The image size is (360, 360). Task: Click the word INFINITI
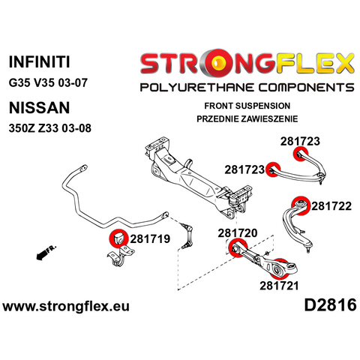click(x=39, y=61)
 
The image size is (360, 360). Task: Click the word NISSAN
click(x=39, y=108)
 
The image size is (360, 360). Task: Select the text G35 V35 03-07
click(x=48, y=82)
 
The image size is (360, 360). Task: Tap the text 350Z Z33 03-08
click(x=50, y=128)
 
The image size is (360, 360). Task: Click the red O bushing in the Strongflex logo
click(x=217, y=63)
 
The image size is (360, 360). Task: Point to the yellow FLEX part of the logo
click(x=314, y=63)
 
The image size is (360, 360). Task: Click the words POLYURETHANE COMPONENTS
click(x=247, y=88)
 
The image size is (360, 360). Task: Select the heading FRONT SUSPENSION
click(x=247, y=106)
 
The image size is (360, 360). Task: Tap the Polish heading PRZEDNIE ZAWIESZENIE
click(x=247, y=118)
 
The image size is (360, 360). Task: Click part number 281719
click(x=150, y=239)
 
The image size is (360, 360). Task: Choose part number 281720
click(x=238, y=233)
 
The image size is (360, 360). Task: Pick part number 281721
click(x=279, y=286)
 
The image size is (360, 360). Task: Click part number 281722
click(x=331, y=206)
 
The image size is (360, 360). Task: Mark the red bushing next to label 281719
click(x=118, y=238)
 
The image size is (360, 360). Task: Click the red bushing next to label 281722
click(x=301, y=205)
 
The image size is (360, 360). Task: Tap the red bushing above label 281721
click(x=279, y=269)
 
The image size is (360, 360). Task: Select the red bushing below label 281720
click(x=238, y=247)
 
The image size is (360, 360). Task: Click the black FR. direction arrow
click(x=46, y=253)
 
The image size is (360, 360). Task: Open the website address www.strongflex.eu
click(x=66, y=307)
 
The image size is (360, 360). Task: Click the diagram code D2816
click(x=330, y=305)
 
